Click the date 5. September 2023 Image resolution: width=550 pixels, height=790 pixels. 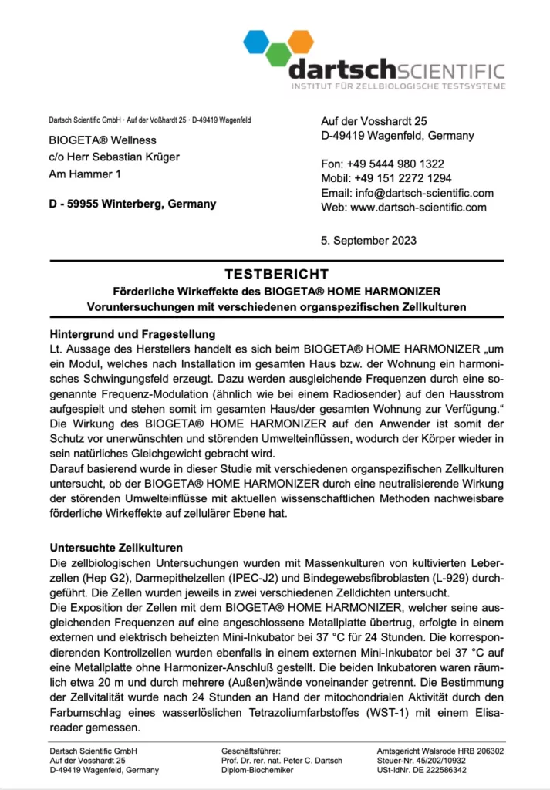(369, 240)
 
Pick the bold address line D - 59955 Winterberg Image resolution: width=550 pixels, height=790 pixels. (132, 204)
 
